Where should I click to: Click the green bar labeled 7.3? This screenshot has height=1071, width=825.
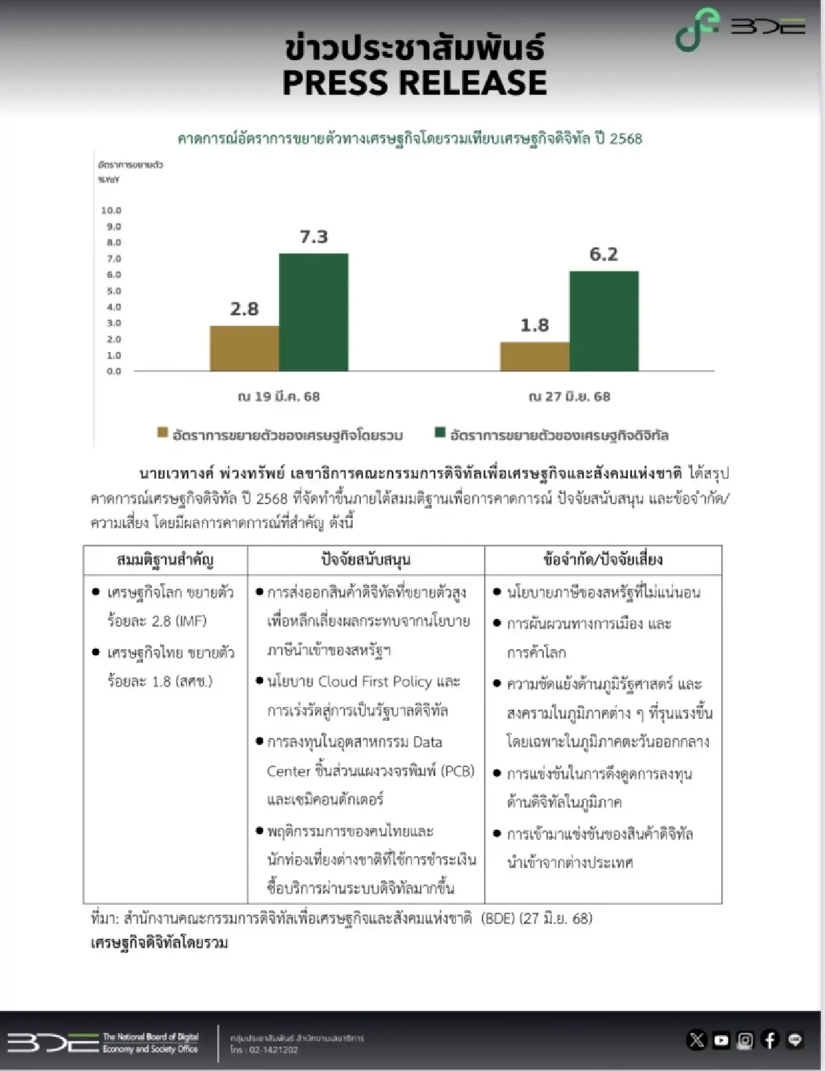pos(313,312)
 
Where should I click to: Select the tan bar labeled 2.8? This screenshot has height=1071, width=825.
pos(244,348)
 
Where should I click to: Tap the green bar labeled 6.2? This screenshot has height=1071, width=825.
pos(604,321)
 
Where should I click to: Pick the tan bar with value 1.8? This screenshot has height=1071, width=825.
pos(534,356)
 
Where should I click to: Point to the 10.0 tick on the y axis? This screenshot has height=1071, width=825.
pos(111,210)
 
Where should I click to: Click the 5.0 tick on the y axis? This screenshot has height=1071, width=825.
pos(113,291)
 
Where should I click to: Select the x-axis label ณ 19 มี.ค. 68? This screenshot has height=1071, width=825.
pos(278,397)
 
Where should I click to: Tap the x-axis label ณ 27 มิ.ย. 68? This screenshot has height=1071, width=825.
pos(569,397)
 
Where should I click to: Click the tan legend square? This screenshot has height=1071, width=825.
pos(163,433)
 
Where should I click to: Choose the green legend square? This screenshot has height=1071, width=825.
pos(441,433)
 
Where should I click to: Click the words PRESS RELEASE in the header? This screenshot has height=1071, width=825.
pos(415,83)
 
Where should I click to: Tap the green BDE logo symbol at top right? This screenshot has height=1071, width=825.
pos(696,30)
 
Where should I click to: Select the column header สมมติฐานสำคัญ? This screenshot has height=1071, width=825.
pos(165,560)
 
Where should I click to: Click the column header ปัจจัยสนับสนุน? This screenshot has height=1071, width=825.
pos(366,560)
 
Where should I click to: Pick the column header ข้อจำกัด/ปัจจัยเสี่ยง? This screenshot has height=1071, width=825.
pos(603,560)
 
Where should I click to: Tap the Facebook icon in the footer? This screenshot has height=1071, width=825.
pos(770,1040)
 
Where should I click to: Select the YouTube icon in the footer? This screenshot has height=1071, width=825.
pos(721,1040)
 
